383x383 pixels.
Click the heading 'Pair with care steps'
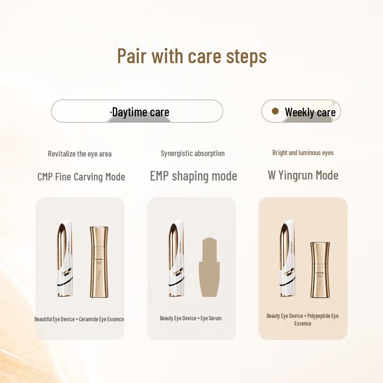coord(191,56)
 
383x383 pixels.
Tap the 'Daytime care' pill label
coord(140,113)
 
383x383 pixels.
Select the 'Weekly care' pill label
coord(310,113)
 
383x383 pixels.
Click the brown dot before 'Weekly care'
coord(275,111)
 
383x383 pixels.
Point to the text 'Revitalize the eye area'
coord(79,154)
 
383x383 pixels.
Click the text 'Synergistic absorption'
coord(192,153)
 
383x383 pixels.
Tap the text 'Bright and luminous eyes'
coord(303,153)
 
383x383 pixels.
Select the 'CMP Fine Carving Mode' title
coord(81,177)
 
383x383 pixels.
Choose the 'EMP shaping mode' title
coord(193,176)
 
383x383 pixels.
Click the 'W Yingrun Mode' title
coord(303,175)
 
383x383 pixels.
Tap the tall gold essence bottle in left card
coord(99,262)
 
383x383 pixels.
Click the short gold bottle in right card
coord(320,270)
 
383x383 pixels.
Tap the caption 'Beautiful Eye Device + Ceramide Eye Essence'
coord(79,319)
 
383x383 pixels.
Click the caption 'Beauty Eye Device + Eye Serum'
coord(191,318)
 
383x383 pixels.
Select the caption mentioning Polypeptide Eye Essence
coord(303,319)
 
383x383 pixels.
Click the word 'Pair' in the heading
coord(132,56)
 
